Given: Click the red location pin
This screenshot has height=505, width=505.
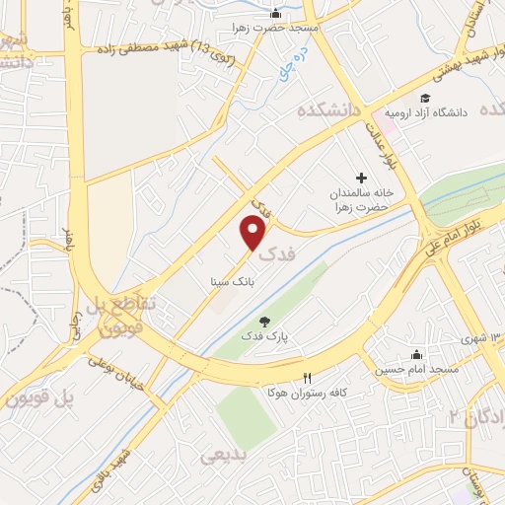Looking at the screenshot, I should (x=254, y=233).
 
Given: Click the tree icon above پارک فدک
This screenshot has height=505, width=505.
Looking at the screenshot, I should (x=263, y=320).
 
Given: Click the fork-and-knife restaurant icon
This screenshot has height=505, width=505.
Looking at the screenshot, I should (x=307, y=378).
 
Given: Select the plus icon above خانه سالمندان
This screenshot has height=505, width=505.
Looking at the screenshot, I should (x=361, y=179).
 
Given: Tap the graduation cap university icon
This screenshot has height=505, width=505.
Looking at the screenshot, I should (x=425, y=98).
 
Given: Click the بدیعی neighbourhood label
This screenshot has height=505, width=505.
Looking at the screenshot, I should (x=222, y=456).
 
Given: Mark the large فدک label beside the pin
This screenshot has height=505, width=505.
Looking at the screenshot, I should (x=278, y=253).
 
